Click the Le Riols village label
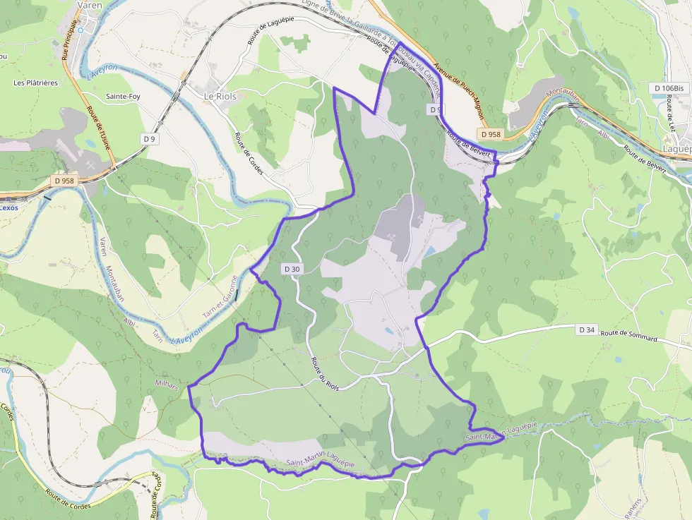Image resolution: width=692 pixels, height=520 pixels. (x=220, y=96)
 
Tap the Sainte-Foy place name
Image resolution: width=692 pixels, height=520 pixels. (x=123, y=96)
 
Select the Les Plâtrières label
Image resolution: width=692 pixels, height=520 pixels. (x=35, y=83)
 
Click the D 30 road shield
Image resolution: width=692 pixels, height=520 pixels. (x=292, y=269)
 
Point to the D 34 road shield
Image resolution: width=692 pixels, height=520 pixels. (x=587, y=329)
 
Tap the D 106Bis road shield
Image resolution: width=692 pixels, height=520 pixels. (x=669, y=87)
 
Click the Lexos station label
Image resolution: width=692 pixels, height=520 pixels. (x=9, y=207)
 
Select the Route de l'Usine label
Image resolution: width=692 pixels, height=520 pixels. (x=97, y=133)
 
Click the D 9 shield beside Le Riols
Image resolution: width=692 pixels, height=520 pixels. (x=149, y=139)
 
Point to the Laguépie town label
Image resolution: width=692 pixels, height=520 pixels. (x=677, y=149)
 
